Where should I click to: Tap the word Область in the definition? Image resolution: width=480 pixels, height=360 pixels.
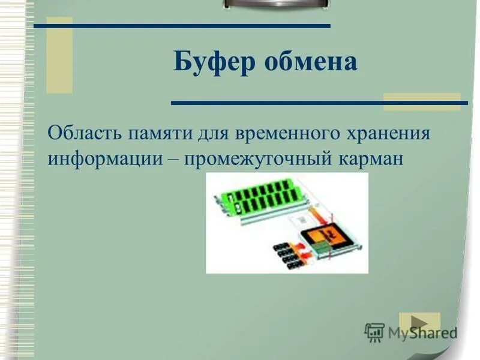83,133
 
